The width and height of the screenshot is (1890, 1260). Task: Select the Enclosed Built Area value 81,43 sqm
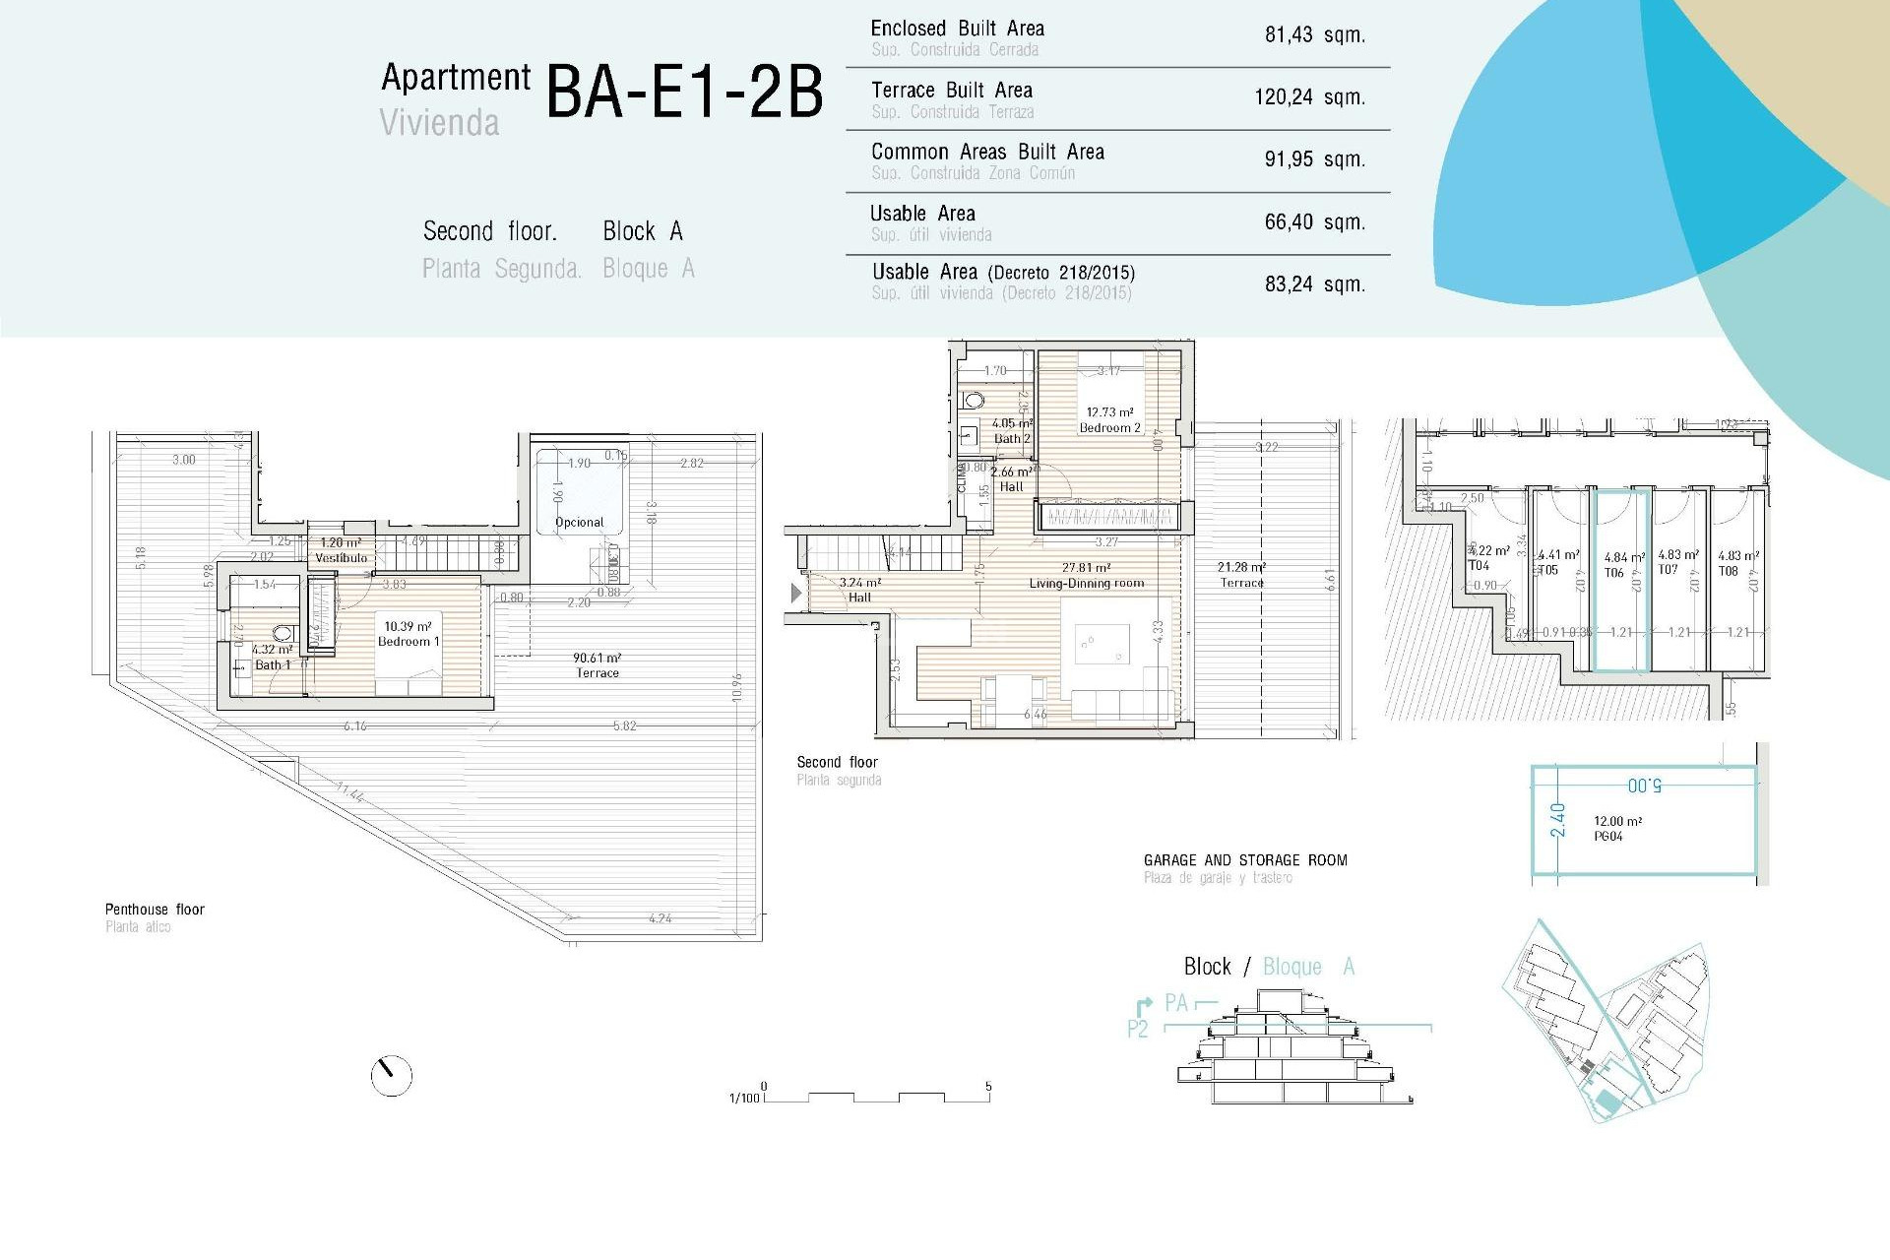pos(1314,35)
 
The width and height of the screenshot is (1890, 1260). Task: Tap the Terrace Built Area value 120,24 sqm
pos(1309,97)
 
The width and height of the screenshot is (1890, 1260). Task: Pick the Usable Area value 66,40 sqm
pos(1314,222)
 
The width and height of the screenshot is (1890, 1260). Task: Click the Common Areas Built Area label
pos(987,153)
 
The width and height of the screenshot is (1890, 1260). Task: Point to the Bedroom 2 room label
pos(1109,428)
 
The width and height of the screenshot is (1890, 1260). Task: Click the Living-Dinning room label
pos(1087,584)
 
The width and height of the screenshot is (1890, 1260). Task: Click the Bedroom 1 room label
pos(409,642)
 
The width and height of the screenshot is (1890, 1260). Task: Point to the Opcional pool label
pos(579,523)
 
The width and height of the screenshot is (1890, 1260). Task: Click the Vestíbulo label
pos(341,558)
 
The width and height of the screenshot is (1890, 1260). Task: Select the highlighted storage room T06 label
pos(1614,573)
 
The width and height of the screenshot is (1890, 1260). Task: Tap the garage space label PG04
pos(1608,837)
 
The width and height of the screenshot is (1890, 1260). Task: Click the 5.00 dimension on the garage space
pos(1644,786)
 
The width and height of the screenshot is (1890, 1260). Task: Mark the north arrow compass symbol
pos(391,1076)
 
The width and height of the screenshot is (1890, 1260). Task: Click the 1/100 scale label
pos(744,1098)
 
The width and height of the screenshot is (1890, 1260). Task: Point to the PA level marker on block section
pos(1175,1003)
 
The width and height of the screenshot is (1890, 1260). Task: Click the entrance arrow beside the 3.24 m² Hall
pos(796,593)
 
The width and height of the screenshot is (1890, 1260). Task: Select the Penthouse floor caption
pos(155,910)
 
